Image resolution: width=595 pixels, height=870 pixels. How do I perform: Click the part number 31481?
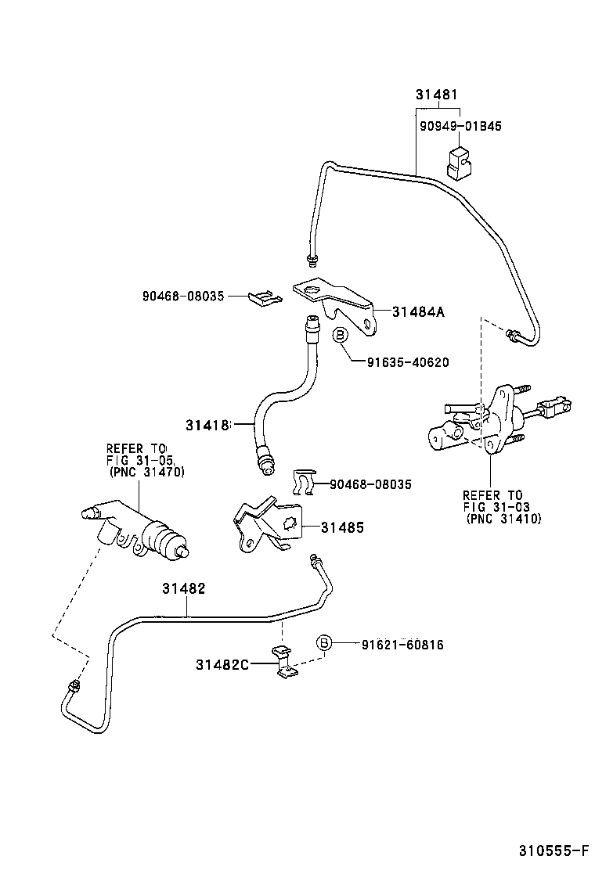436,95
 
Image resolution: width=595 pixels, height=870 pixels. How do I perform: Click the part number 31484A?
417,312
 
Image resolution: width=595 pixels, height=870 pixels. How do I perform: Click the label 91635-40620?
407,361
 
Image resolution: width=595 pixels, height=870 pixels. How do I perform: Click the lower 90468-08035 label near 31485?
370,485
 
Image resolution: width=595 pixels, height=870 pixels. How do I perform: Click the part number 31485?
342,527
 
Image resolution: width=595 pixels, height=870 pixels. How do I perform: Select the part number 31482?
184,588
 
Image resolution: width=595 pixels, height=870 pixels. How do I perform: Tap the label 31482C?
222,665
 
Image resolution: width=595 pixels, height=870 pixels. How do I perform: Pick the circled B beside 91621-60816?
323,643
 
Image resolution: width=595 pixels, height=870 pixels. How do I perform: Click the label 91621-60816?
402,645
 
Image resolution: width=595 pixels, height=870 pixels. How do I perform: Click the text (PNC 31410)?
503,518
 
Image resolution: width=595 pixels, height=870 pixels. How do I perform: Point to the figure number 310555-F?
551,850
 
